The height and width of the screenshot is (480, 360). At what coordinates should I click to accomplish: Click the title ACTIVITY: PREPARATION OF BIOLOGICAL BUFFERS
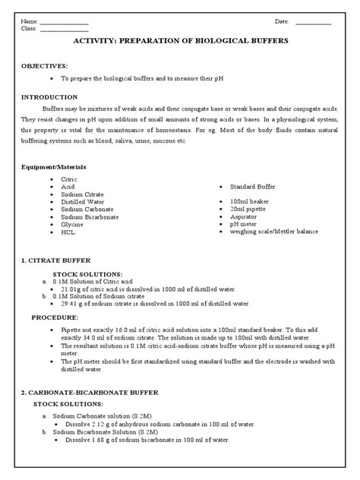[x=179, y=45]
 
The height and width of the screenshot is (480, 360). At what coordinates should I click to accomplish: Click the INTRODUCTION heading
[x=50, y=98]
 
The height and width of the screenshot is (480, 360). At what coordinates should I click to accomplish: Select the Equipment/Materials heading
[x=54, y=166]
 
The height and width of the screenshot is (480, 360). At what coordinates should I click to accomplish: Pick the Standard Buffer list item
[x=252, y=186]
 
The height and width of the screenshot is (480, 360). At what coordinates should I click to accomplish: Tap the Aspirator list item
[x=242, y=216]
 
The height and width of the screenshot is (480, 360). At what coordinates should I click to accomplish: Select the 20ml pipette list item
[x=247, y=208]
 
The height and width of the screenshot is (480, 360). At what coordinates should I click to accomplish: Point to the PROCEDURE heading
[x=55, y=317]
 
